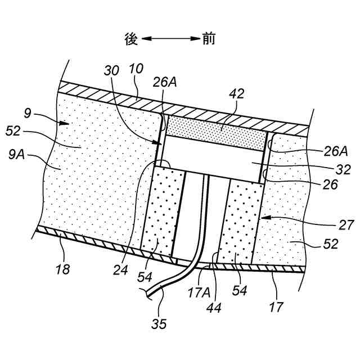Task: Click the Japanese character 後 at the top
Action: point(130,39)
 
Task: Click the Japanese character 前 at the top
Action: point(209,39)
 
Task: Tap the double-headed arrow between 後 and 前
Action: point(169,39)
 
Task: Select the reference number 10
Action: point(137,69)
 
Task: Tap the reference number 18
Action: point(63,269)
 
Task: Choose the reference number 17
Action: point(277,307)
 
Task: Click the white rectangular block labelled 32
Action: point(214,155)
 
